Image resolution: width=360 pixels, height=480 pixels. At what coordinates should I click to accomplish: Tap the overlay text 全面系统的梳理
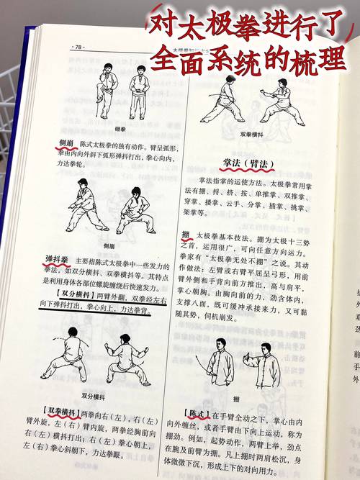pos(264,57)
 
